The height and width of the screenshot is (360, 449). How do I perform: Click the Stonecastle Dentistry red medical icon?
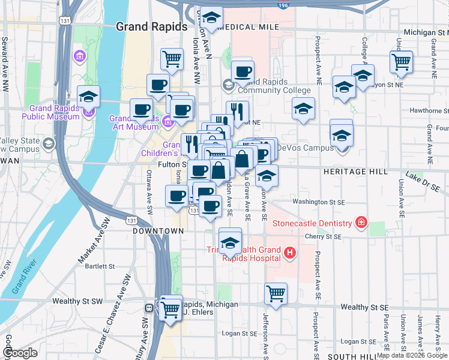361,223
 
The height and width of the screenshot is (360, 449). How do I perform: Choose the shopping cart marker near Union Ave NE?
400,61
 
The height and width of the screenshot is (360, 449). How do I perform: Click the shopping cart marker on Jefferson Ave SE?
276,293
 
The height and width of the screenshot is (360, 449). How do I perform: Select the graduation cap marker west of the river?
88,96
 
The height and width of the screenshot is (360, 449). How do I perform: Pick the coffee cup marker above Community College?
243,71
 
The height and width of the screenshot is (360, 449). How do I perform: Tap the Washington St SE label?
319,202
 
